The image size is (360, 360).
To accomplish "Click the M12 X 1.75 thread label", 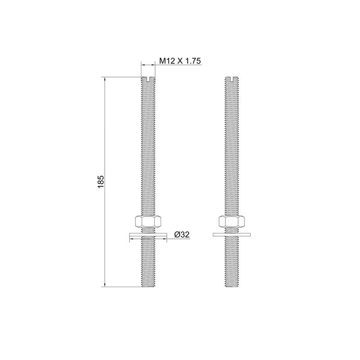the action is pyautogui.click(x=180, y=61).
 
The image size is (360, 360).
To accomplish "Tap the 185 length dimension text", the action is pyautogui.click(x=101, y=182).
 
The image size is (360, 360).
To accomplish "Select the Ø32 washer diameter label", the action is pyautogui.click(x=182, y=234).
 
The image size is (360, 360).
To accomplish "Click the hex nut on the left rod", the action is pyautogui.click(x=148, y=221).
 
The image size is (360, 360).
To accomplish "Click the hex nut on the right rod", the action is pyautogui.click(x=232, y=221).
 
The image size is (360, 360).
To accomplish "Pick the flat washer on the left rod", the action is pyautogui.click(x=148, y=234).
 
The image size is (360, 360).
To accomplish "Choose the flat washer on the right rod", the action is pyautogui.click(x=232, y=234).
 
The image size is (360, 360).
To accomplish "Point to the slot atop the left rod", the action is pyautogui.click(x=148, y=79).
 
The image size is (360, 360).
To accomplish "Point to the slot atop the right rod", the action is pyautogui.click(x=232, y=79).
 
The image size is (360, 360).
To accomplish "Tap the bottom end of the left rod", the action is pyautogui.click(x=148, y=287).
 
